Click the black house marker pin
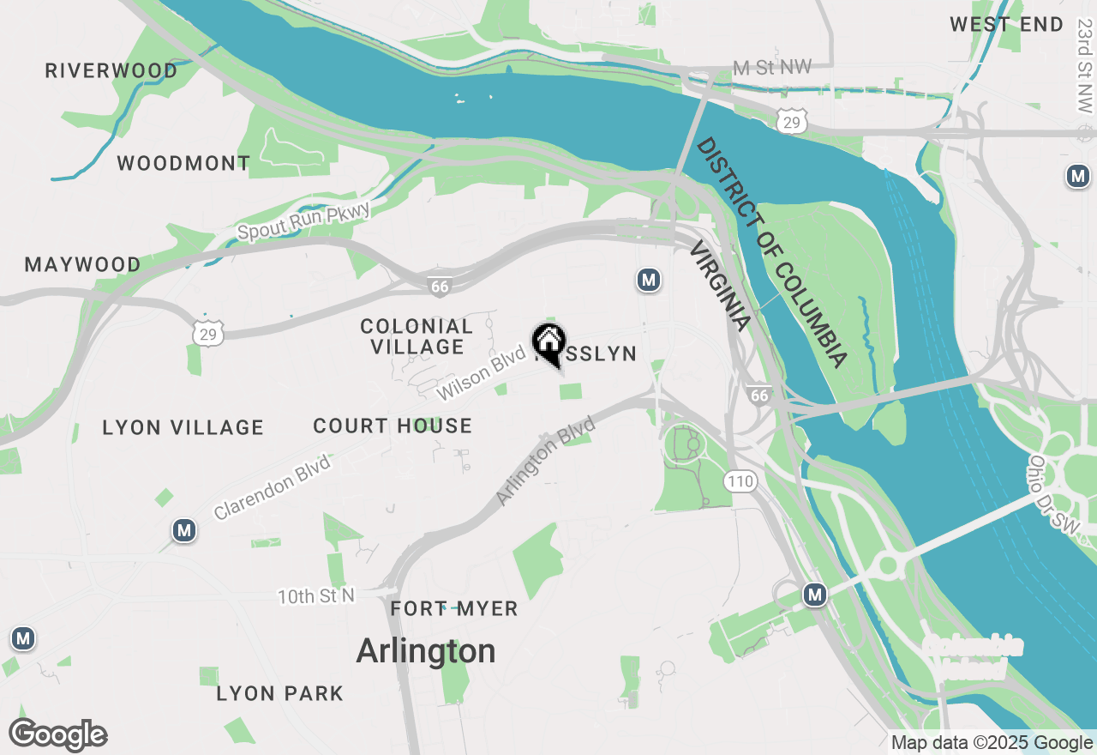(548, 344)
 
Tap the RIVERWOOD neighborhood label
(111, 70)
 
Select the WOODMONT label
(183, 163)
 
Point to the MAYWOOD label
(83, 264)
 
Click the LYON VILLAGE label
(183, 427)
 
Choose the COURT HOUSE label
(393, 426)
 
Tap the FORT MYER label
(454, 609)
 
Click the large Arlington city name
(426, 651)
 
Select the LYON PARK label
(280, 693)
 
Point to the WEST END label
(1006, 25)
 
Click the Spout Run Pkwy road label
(304, 220)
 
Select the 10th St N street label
(315, 595)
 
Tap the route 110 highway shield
(740, 481)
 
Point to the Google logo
(58, 735)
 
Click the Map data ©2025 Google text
(991, 743)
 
